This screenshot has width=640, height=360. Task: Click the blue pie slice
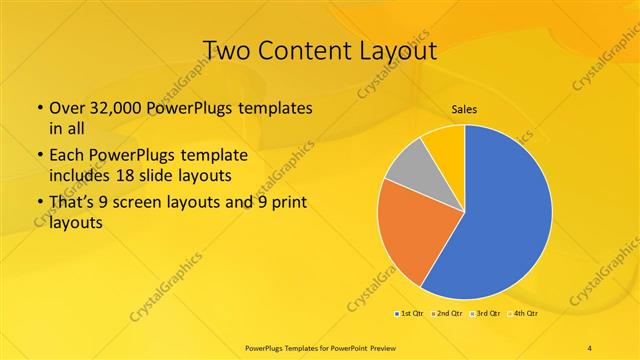[500, 215]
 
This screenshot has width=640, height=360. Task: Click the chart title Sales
[464, 109]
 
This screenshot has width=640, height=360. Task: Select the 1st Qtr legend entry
[409, 313]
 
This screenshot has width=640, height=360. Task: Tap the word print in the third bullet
[289, 203]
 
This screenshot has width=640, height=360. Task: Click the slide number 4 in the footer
[590, 347]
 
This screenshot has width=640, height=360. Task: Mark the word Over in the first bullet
[67, 107]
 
